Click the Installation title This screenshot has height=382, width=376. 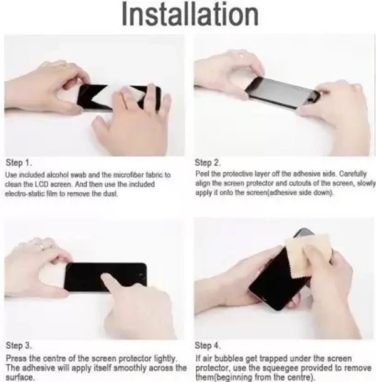click(x=190, y=14)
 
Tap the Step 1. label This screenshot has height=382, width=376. click(x=19, y=162)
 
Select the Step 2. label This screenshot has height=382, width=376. click(x=208, y=162)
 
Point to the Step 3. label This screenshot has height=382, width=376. click(x=19, y=345)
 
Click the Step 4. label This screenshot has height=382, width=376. click(x=208, y=345)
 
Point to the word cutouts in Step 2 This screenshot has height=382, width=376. click(x=300, y=183)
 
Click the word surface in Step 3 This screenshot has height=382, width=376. click(x=19, y=377)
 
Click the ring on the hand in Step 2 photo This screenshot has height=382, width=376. click(x=241, y=56)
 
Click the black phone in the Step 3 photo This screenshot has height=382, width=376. click(x=105, y=277)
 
